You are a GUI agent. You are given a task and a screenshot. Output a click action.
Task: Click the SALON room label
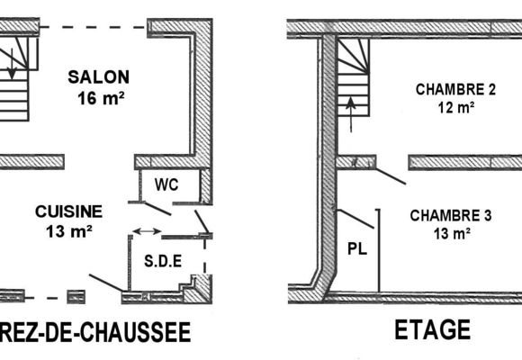pos(98,77)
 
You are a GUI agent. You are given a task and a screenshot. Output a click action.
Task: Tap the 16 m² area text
pos(101,98)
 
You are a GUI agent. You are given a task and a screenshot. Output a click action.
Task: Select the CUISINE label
pos(69,211)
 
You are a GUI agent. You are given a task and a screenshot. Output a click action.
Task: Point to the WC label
pos(166,184)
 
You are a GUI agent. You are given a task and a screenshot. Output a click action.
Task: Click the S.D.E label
pos(163,261)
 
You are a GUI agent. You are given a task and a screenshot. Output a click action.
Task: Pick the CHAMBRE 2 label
pos(455,90)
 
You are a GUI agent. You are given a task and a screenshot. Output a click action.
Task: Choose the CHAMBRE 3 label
pos(451,215)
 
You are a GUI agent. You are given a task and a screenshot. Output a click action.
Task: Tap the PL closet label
pos(357,248)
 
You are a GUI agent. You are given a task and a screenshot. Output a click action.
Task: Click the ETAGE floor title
pos(432,329)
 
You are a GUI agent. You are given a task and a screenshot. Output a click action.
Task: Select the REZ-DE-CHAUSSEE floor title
pos(95,332)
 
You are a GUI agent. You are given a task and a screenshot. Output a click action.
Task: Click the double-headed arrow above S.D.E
pos(147,231)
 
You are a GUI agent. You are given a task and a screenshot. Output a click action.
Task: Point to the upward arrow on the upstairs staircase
pos(351,114)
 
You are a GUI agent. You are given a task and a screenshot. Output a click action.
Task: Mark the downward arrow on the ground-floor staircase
pos(12,64)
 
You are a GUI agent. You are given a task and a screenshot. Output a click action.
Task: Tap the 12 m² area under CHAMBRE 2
pos(456,108)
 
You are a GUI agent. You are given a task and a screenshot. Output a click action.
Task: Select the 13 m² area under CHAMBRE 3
pos(452,234)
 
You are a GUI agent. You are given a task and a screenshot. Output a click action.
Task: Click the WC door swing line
pos(157,209)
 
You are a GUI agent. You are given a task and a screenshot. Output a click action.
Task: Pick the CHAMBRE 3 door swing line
pos(391,176)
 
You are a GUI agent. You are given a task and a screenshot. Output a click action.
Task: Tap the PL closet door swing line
pos(355,219)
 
